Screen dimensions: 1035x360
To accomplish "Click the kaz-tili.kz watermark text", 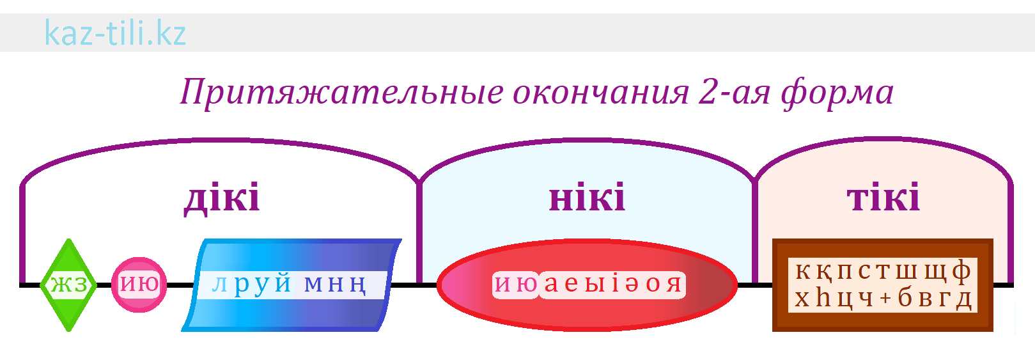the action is (x=115, y=33).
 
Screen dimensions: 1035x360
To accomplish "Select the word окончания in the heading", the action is (x=601, y=93).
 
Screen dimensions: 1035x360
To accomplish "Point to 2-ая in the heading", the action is (x=735, y=92).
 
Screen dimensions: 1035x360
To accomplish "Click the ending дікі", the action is (x=222, y=198).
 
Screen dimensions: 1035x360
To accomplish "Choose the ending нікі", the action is (x=587, y=198).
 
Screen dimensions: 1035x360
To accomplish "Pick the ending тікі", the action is (x=883, y=198).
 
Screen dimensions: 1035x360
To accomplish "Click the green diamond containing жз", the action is (x=68, y=285).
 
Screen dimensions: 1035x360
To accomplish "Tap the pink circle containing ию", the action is (x=139, y=285).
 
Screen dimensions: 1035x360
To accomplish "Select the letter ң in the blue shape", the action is (x=358, y=285).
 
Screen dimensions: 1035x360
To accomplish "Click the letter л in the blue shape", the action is (x=220, y=285).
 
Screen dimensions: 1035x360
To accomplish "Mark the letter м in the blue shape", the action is (x=313, y=285).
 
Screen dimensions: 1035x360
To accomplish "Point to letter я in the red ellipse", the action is (x=674, y=284).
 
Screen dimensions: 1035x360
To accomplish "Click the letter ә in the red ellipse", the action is (x=632, y=284).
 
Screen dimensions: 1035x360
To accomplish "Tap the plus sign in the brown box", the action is (x=885, y=299).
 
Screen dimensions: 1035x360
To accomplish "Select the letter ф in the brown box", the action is (x=961, y=271).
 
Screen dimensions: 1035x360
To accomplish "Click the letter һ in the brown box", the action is (x=823, y=297).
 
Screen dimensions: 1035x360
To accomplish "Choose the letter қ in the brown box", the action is (x=824, y=272).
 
